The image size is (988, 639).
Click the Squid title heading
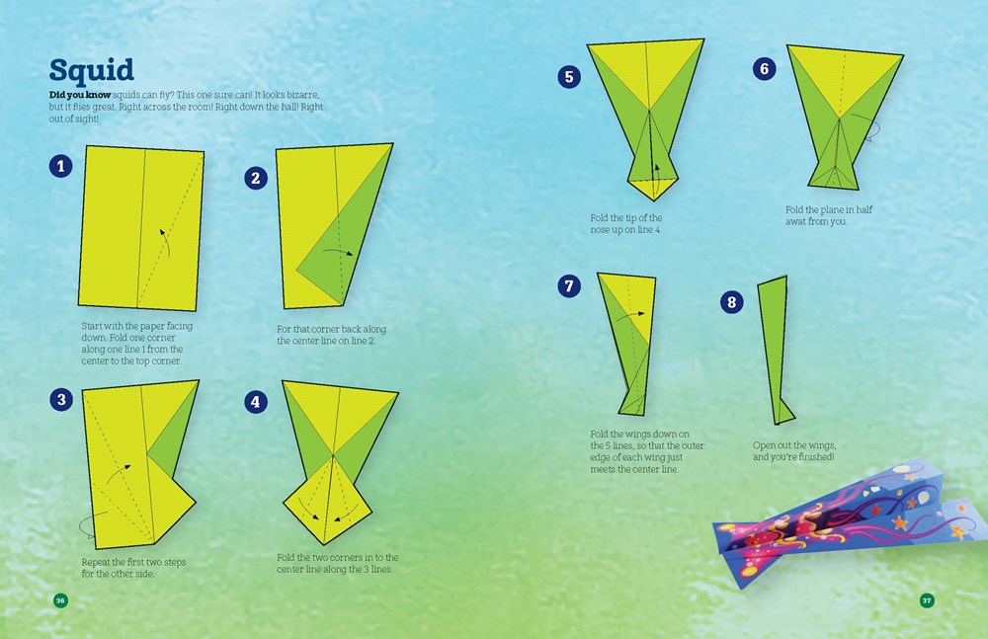(92, 71)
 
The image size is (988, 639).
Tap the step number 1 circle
(59, 166)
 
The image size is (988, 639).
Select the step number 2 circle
(256, 177)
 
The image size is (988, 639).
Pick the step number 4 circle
(256, 401)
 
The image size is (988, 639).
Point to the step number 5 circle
(568, 77)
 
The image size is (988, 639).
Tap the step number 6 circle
(762, 68)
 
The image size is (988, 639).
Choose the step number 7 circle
(568, 286)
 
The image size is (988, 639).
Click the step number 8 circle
(732, 302)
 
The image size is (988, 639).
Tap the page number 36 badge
(60, 600)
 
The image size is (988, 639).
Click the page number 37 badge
(927, 600)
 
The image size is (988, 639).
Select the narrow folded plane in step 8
(775, 346)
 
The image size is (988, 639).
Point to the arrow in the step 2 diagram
(341, 253)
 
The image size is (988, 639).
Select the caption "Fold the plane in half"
(828, 210)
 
